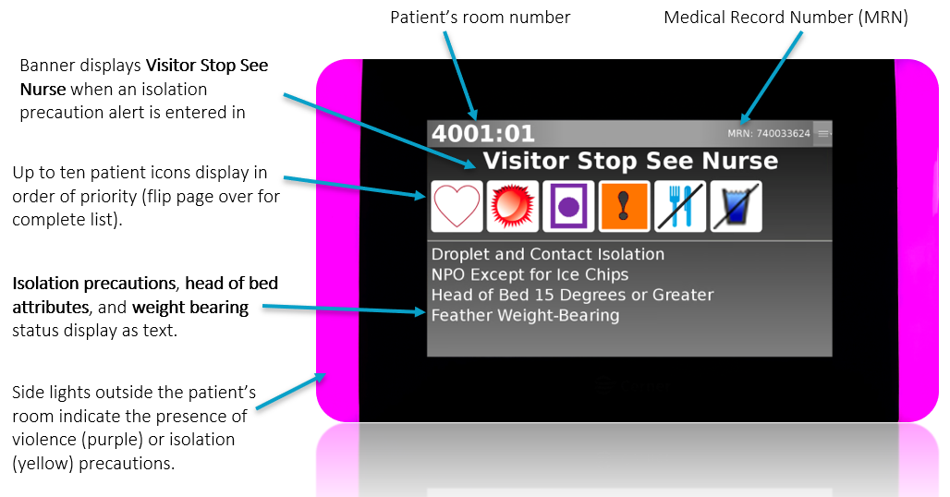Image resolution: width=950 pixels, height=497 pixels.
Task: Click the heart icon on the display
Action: pos(457,205)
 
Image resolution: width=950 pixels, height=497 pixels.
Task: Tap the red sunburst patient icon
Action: pos(513,205)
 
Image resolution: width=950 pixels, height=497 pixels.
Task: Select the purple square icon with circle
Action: pos(568,205)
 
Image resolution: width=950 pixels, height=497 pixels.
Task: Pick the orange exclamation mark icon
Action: pos(625,205)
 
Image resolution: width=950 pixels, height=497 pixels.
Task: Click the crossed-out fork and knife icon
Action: pos(680,205)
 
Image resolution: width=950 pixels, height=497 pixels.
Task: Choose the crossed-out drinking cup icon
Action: pos(736,205)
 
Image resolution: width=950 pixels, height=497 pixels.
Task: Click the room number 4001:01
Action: pos(482,134)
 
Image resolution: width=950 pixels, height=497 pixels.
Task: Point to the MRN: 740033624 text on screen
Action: pos(768,134)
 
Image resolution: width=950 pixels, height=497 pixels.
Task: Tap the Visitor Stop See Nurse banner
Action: pos(630,161)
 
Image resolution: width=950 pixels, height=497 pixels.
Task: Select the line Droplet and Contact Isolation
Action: pos(547,254)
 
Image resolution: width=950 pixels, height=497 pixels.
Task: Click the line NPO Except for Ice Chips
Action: pos(530,274)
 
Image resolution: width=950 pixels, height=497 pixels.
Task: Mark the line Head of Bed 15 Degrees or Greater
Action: pos(572,295)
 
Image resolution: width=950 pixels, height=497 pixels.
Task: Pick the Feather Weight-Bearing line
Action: pos(525,315)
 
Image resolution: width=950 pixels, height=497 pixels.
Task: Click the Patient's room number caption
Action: pos(480,18)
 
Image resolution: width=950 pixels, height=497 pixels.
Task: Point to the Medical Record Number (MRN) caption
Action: pos(786,18)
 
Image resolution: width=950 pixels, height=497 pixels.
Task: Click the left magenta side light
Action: pos(337,240)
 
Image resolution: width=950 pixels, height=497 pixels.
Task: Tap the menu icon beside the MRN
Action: pos(823,134)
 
